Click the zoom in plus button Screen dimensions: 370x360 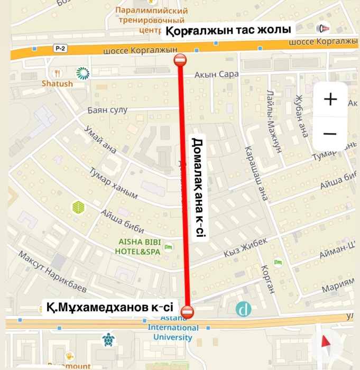pos(330,99)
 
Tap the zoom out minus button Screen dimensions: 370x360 pos(330,134)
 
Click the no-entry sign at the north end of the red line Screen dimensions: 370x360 pos(180,60)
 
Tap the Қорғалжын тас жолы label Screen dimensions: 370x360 pos(228,31)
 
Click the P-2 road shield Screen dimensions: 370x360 pos(60,49)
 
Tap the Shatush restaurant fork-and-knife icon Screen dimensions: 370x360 pos(58,73)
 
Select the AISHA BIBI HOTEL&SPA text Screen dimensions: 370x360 pos(137,247)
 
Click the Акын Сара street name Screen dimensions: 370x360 pos(213,75)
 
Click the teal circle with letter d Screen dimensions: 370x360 pos(244,309)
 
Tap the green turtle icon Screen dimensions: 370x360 pos(108,339)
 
